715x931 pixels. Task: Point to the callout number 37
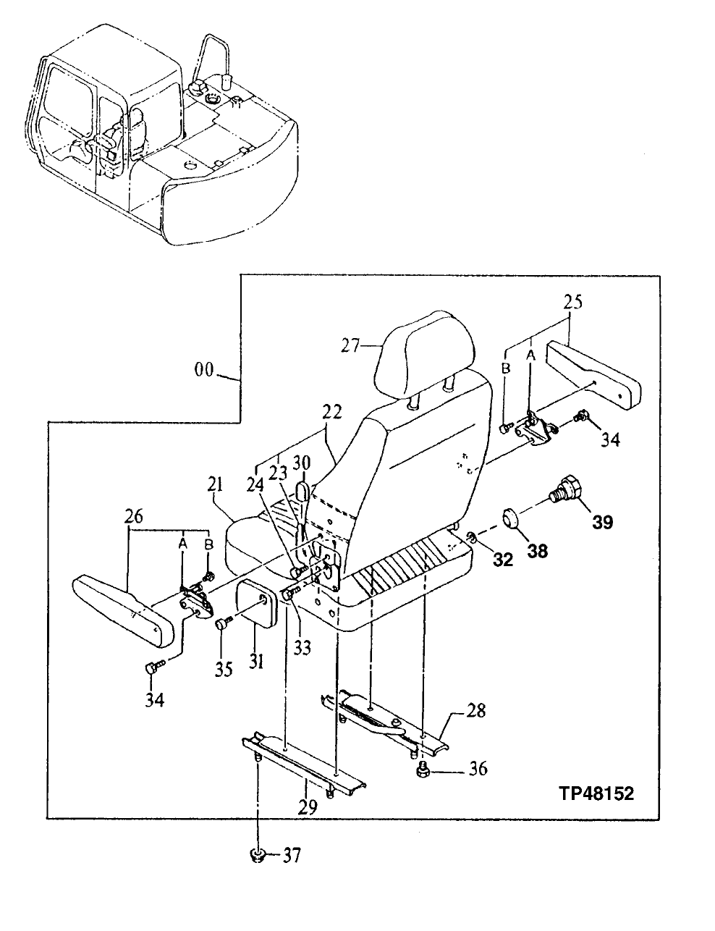[x=290, y=856]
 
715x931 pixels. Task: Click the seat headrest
[x=426, y=356]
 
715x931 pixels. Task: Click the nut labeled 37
[x=255, y=856]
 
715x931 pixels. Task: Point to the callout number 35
[x=224, y=669]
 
